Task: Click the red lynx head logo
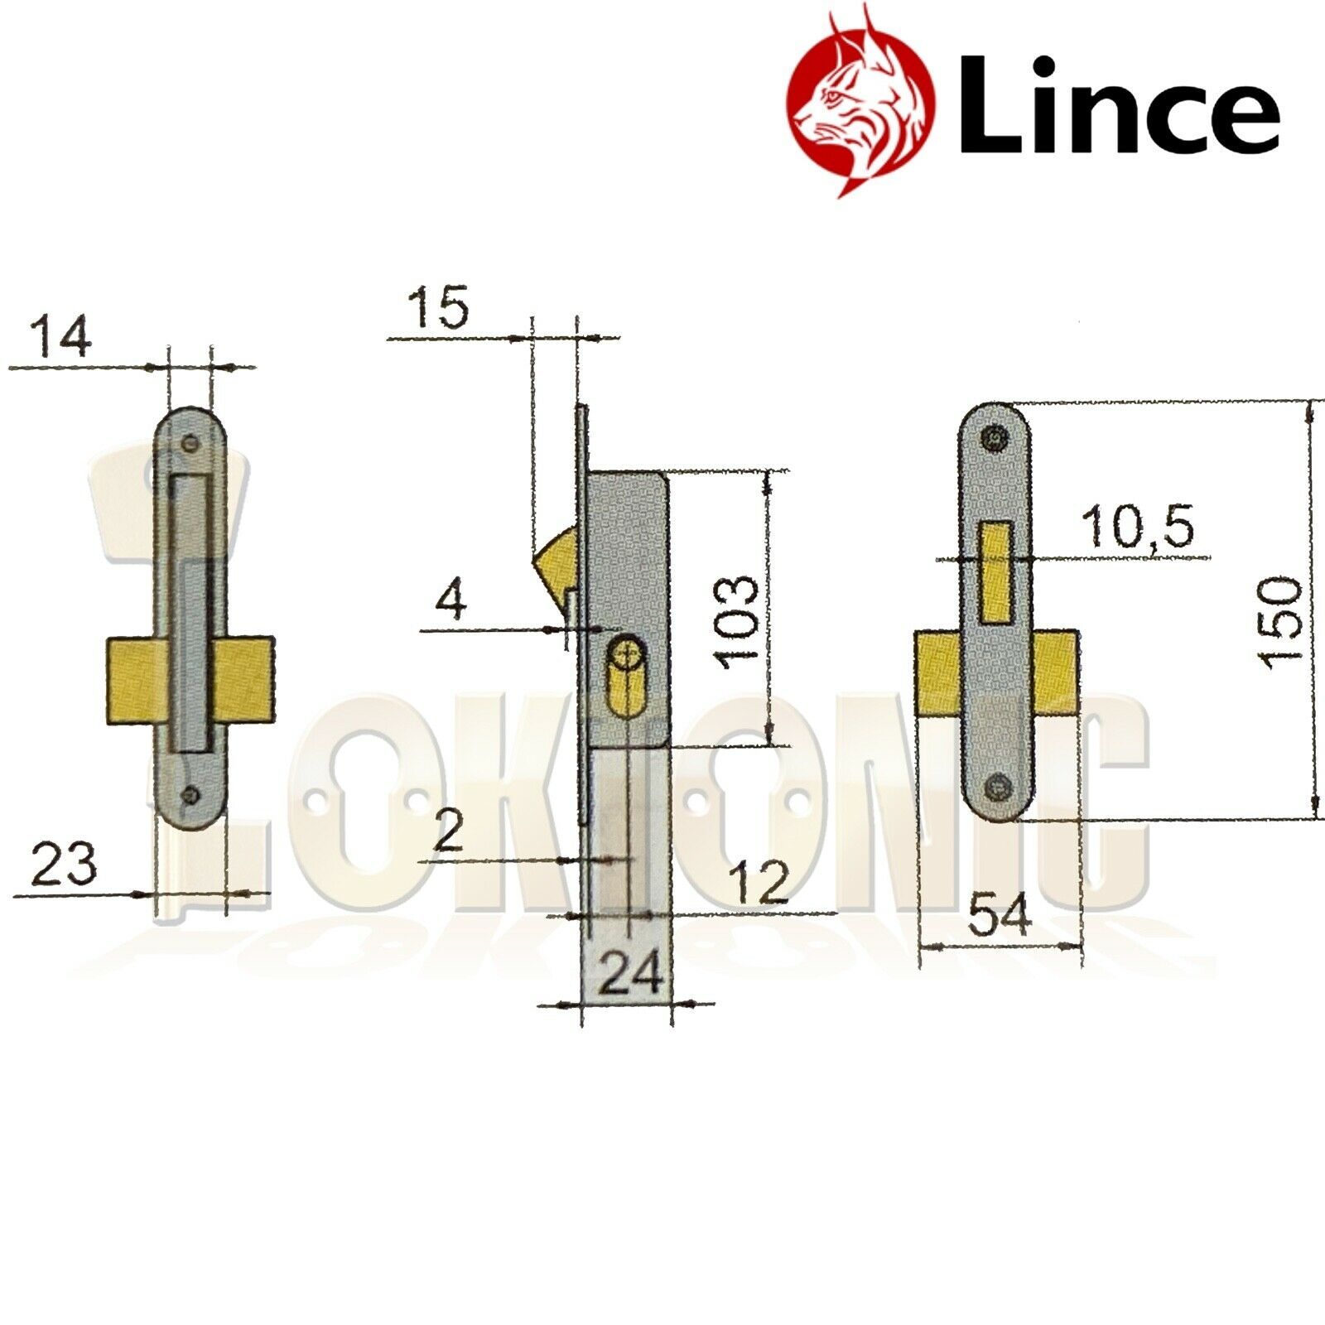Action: tap(861, 99)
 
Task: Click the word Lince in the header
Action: tap(1118, 106)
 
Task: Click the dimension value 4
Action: tap(451, 600)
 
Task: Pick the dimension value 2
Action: tap(448, 831)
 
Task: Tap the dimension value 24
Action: tap(630, 973)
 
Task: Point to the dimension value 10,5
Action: tap(1139, 527)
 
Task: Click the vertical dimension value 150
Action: tap(1280, 623)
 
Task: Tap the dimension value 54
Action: tap(1000, 916)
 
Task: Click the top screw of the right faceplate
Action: tap(995, 438)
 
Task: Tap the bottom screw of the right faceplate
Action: tap(999, 786)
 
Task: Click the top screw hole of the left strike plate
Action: tap(192, 443)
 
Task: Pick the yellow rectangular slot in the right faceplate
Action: tap(996, 572)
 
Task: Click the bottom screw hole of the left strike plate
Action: tap(192, 795)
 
